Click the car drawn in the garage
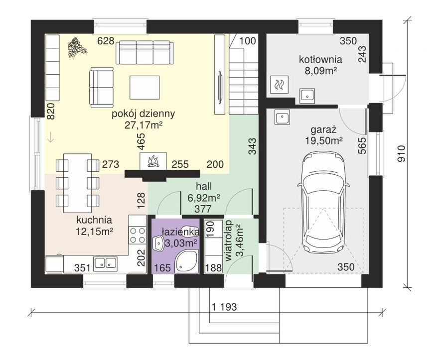pos(323,203)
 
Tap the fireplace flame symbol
pos(153,161)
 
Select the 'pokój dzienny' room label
pos(144,114)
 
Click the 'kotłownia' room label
pos(320,59)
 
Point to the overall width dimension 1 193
pos(224,307)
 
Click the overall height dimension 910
pos(402,154)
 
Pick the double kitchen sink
pos(105,263)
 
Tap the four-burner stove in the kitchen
pos(138,235)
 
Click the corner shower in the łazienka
pos(186,261)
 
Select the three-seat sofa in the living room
pos(145,52)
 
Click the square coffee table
pos(145,88)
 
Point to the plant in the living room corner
pos(76,47)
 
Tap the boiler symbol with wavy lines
pos(279,85)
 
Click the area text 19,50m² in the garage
pos(324,140)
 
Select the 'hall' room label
pos(204,186)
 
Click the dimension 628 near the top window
pos(106,41)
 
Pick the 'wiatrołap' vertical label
pos(230,241)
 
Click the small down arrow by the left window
pos(50,137)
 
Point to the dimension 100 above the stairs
pos(248,41)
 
